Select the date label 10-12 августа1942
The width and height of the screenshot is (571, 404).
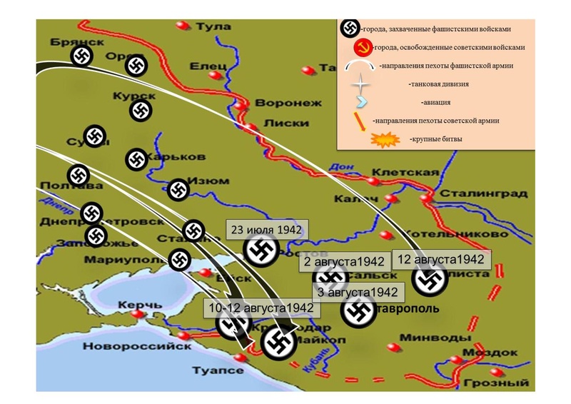tap(262, 308)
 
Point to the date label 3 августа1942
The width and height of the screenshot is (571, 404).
tap(358, 292)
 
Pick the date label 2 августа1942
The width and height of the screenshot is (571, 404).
tap(344, 262)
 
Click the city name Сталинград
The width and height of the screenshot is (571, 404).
tap(484, 193)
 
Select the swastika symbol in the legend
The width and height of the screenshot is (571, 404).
tap(350, 29)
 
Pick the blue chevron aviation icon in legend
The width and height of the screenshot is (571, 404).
tap(363, 102)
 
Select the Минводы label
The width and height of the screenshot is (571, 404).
tap(426, 338)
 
